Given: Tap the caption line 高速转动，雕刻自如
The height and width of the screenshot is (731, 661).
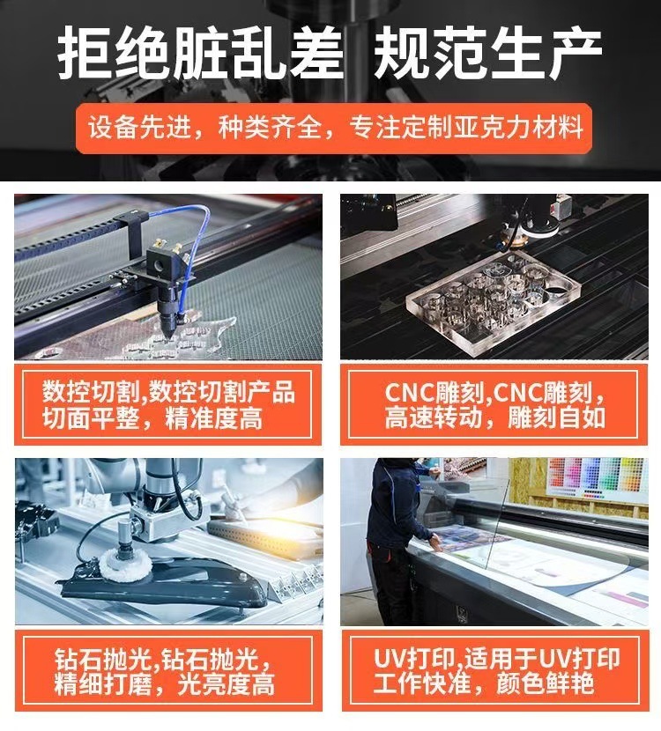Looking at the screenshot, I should click(495, 417).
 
